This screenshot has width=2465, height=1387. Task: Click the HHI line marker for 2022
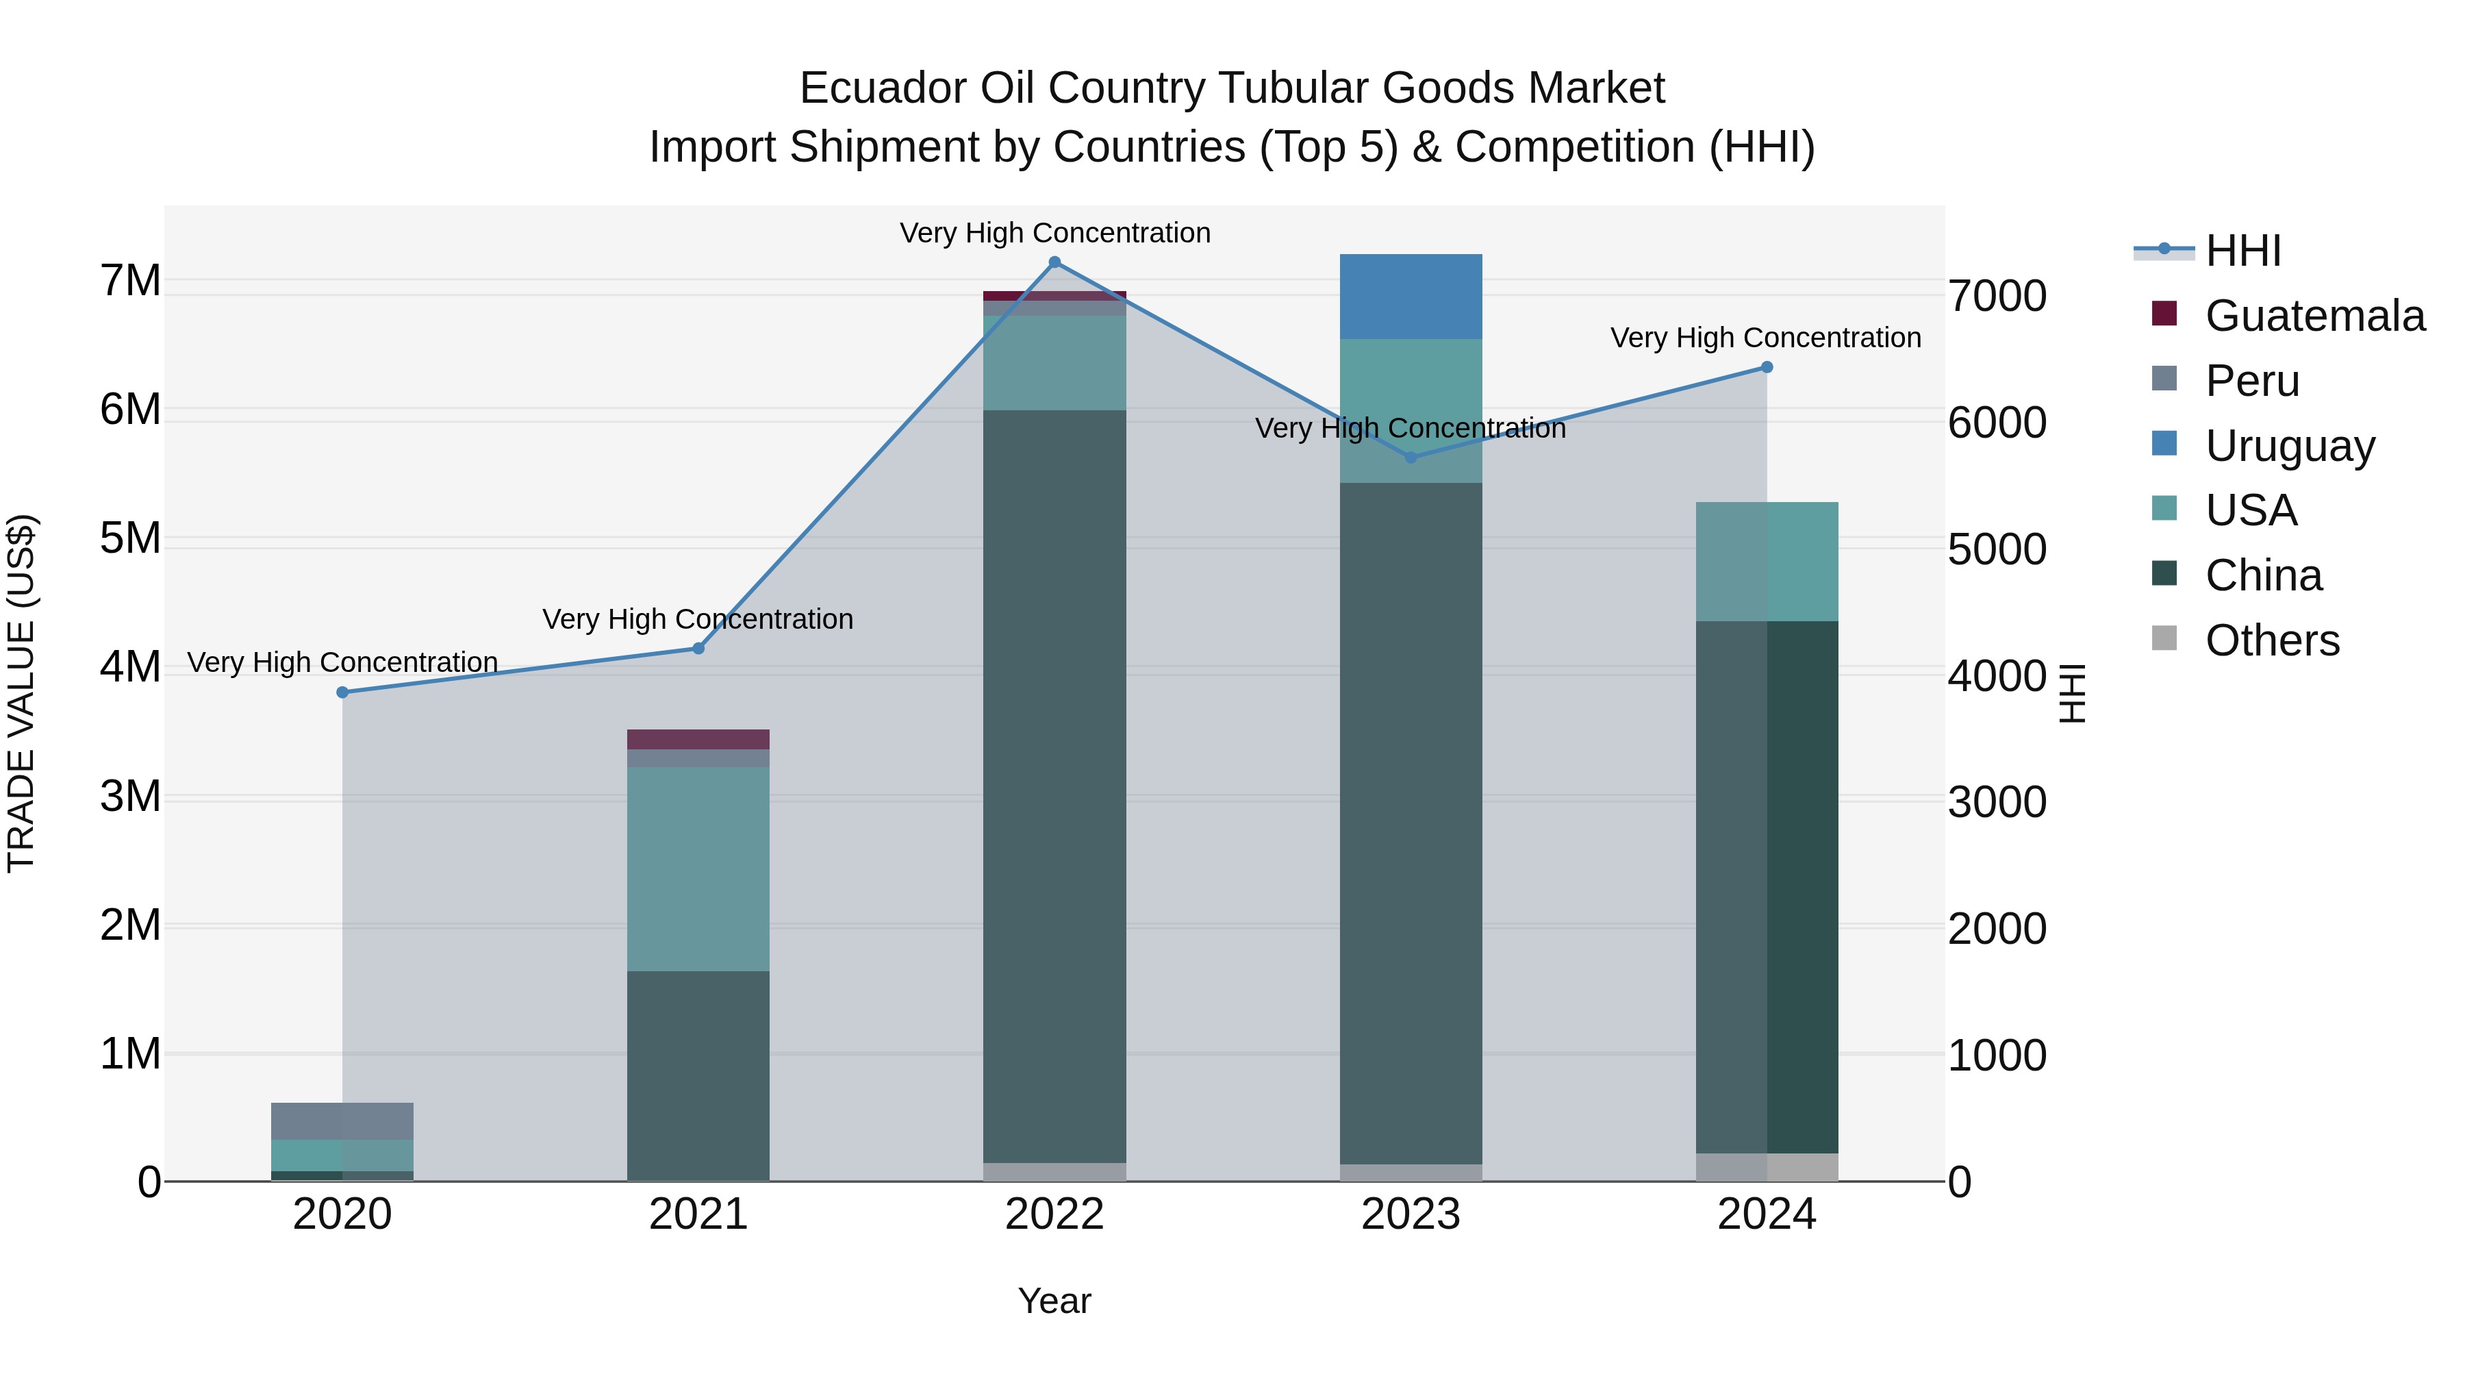(1054, 262)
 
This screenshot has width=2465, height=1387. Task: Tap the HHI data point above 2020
(342, 692)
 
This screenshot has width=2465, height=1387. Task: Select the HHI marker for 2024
(1767, 368)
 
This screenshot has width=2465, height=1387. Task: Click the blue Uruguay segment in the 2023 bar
(1411, 297)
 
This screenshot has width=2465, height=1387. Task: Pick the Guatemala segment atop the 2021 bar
(698, 739)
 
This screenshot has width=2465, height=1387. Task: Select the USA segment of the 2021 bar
(698, 869)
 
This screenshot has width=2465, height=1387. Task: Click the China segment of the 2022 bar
(1054, 785)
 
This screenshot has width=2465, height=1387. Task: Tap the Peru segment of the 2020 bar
(342, 1121)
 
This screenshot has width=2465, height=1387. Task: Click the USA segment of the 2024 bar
(1767, 562)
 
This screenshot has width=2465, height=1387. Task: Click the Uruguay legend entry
(2289, 446)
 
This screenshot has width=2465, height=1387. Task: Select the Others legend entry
(2272, 640)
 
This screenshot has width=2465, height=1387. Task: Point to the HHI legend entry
(2242, 251)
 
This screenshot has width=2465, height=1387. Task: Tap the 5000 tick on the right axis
(1997, 549)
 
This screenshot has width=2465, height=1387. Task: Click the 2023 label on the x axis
(1411, 1214)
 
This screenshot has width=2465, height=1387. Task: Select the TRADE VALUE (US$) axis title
(21, 693)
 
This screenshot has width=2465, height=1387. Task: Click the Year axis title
(1054, 1301)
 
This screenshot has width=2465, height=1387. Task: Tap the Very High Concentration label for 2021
(698, 619)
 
